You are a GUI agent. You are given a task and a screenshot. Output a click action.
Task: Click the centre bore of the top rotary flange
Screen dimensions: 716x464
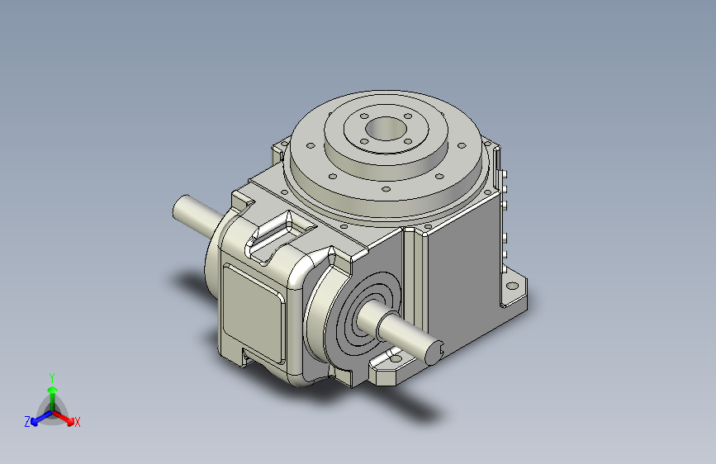386,128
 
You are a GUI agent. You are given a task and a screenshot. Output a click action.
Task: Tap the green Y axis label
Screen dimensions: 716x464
52,377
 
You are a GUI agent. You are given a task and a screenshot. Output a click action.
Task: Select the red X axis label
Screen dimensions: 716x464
77,423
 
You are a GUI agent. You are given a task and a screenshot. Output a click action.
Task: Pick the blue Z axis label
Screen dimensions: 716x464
27,422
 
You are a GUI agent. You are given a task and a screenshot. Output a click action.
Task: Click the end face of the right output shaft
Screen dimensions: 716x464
434,353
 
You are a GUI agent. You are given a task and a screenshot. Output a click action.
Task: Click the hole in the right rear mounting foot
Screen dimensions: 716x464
513,286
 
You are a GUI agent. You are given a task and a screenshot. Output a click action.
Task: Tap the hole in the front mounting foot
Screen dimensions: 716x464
395,359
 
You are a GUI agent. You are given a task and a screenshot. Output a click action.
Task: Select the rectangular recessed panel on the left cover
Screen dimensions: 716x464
253,315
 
